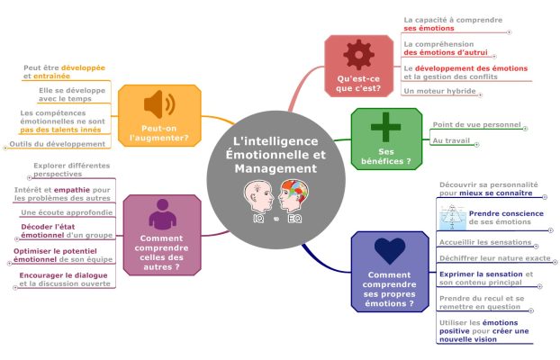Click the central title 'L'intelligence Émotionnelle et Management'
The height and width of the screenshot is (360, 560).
click(x=275, y=155)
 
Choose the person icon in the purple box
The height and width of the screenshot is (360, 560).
click(x=160, y=213)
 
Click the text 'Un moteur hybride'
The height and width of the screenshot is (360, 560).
click(x=440, y=91)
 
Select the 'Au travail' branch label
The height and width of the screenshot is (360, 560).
click(x=450, y=140)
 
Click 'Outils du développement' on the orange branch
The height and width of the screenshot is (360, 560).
click(x=57, y=144)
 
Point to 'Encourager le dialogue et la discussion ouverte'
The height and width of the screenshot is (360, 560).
click(x=65, y=279)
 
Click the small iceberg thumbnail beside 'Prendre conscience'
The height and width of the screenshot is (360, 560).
click(x=451, y=217)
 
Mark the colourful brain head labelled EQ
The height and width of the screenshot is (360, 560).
click(x=293, y=198)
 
